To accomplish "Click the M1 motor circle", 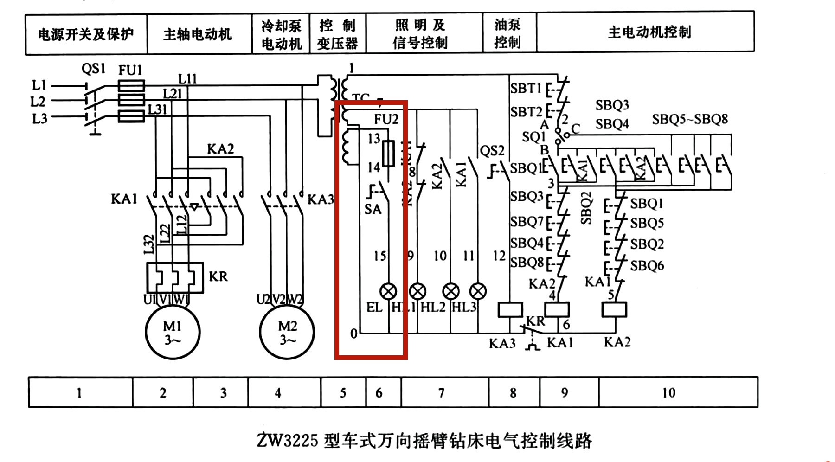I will (173, 332).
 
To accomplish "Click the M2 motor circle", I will (287, 332).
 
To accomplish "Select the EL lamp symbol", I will (388, 291).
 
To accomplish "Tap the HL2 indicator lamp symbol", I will (451, 291).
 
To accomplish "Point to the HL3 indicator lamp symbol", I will (478, 291).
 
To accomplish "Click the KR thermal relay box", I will (175, 277).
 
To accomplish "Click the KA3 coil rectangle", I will (510, 310).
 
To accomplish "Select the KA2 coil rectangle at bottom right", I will (614, 310).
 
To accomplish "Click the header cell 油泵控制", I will (508, 33).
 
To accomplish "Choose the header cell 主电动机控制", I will (649, 32).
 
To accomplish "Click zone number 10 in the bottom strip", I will (668, 393).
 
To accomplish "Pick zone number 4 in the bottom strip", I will (278, 393).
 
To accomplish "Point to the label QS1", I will (94, 69).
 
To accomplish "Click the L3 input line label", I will (39, 119).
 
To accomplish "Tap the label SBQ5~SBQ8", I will (690, 120).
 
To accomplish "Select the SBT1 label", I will (526, 88).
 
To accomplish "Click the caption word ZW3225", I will (287, 440).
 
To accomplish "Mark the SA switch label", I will (373, 210).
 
